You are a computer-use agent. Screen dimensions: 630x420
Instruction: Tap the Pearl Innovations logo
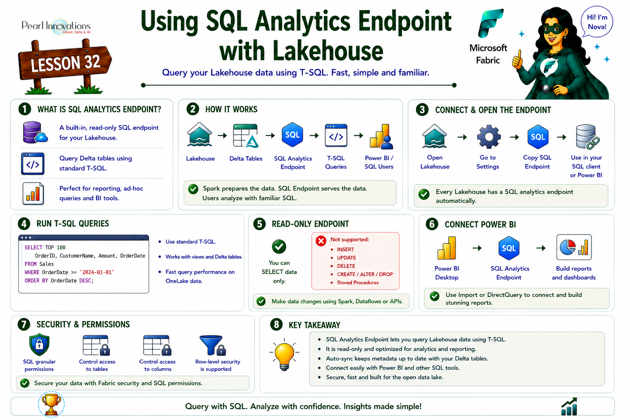pos(56,27)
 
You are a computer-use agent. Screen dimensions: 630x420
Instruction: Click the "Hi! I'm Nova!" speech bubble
pos(597,22)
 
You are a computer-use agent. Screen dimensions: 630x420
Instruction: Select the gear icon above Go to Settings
pos(489,137)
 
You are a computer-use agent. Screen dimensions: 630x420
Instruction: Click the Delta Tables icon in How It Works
pos(246,136)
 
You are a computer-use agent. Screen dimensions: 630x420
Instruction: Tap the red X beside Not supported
pos(321,241)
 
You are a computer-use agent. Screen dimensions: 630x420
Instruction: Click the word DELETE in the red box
pos(346,266)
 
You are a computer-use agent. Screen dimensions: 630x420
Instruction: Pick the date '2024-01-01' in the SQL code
pos(97,272)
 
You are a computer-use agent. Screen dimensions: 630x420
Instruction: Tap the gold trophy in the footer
pos(51,404)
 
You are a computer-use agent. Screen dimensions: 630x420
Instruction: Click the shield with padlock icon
pos(39,345)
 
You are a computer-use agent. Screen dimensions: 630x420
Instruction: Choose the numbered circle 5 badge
pos(259,224)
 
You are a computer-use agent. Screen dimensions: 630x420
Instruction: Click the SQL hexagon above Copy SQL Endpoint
pos(538,137)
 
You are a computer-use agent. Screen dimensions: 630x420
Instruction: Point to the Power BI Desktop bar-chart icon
pos(447,248)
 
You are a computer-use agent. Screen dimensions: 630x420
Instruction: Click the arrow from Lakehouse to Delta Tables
pos(222,136)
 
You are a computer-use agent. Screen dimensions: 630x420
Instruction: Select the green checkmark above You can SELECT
pos(279,247)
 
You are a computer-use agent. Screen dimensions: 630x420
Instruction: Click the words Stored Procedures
pos(358,283)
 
